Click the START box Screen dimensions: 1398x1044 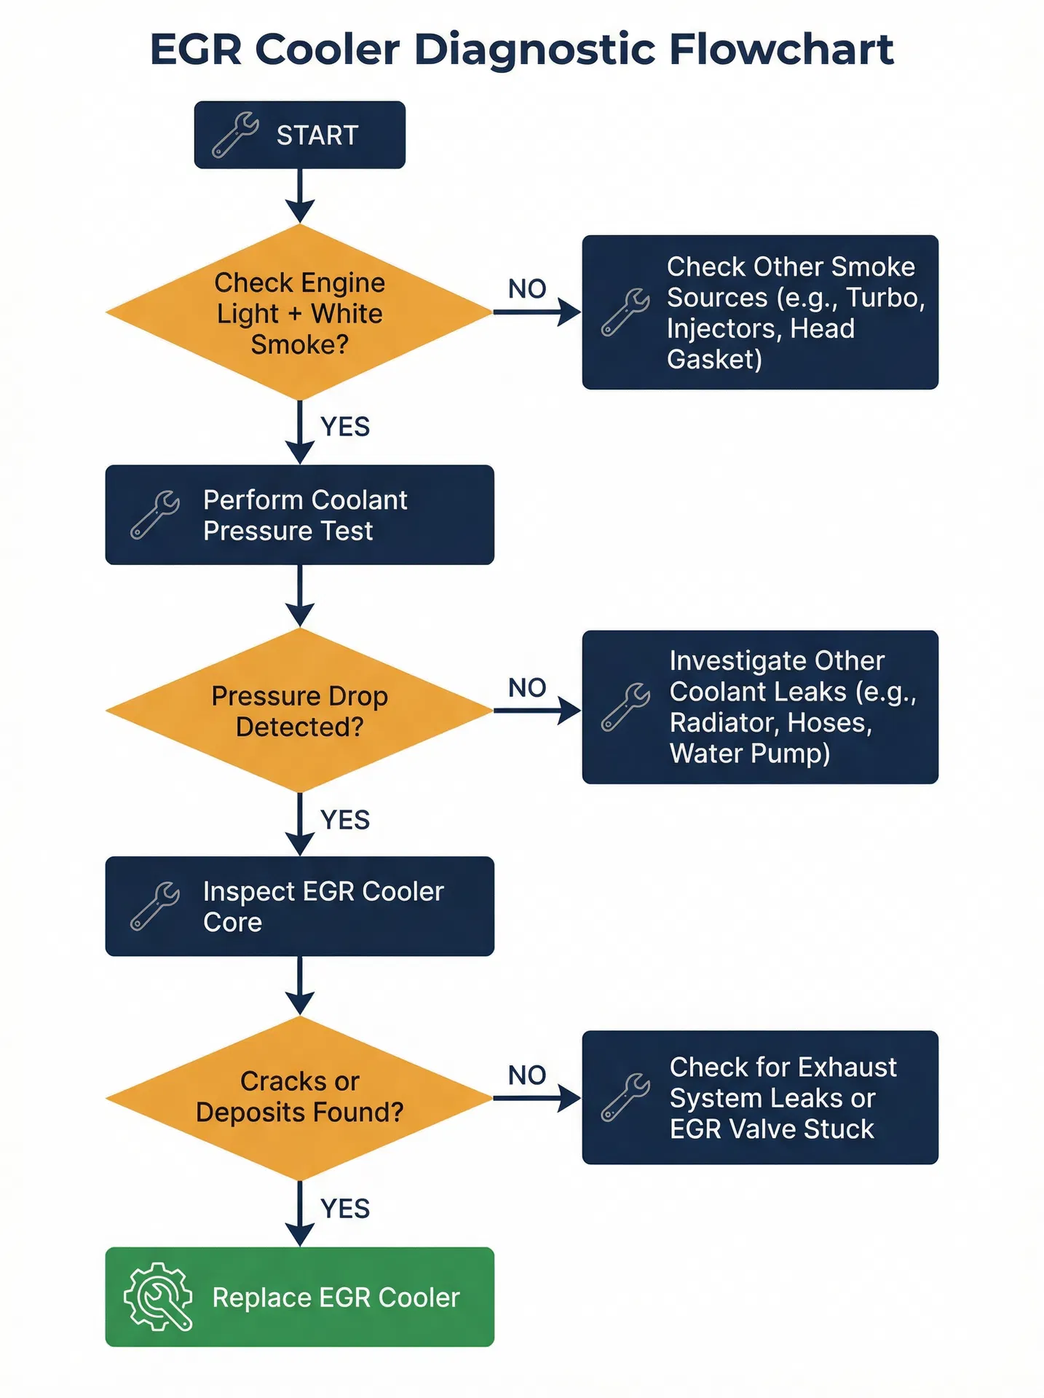tap(299, 135)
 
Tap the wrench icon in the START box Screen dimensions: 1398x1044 tap(234, 135)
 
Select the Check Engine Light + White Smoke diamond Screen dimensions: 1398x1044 tap(299, 312)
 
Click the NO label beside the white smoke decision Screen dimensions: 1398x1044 tap(527, 288)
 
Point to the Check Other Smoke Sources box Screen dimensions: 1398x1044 tap(759, 312)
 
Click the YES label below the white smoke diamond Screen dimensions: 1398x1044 tap(345, 427)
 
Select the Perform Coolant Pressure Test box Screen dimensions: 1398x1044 tap(299, 515)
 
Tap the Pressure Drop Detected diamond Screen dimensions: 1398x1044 tap(299, 711)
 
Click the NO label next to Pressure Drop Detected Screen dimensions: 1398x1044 tap(527, 687)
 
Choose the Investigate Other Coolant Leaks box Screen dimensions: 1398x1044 tap(759, 707)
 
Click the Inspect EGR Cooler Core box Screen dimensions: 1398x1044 tap(299, 906)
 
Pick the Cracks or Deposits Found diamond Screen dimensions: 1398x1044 tap(299, 1097)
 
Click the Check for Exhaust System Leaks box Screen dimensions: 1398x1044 tap(759, 1097)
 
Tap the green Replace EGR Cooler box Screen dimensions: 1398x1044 tap(299, 1297)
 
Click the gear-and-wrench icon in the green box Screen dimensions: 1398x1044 tap(158, 1297)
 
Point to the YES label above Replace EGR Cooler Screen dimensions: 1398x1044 tap(345, 1209)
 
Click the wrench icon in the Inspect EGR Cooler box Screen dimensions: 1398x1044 tap(154, 906)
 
